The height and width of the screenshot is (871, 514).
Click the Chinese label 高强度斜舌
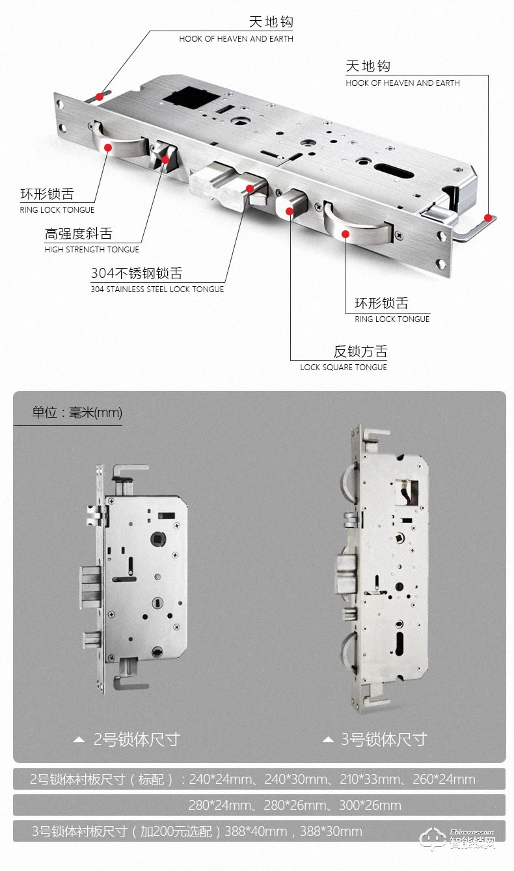tap(78, 234)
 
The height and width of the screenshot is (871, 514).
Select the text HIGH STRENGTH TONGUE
tap(92, 250)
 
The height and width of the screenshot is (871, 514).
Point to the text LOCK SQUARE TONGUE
tap(344, 368)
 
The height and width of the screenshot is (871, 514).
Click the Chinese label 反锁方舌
tap(360, 352)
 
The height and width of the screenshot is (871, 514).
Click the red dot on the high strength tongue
tap(165, 159)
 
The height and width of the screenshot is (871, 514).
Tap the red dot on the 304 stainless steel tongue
tap(249, 189)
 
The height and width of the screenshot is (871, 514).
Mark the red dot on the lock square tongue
tap(290, 211)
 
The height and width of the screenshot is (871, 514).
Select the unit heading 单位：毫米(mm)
tap(77, 412)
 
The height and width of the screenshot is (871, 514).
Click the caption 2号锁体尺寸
tap(137, 740)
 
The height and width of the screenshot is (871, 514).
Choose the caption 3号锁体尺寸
tap(384, 740)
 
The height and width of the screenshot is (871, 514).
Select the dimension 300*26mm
tap(370, 806)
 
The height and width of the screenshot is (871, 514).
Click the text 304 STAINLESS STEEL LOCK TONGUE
tap(157, 289)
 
